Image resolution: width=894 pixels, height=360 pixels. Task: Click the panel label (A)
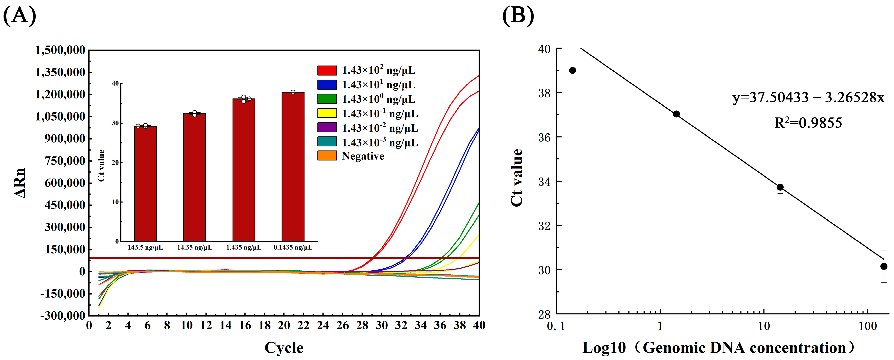coord(20,16)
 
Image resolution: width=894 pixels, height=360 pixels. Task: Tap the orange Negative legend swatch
coord(327,156)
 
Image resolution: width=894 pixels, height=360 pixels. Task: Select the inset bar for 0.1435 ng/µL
coord(293,167)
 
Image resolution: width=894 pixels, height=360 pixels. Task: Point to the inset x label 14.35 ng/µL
coord(195,247)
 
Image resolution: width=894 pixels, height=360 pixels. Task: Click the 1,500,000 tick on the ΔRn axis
coord(60,50)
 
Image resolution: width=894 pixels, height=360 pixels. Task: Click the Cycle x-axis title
coord(284,347)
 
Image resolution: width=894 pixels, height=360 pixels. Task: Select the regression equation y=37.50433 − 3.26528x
coord(808,98)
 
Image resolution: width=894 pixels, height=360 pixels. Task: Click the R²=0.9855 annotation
coord(808,123)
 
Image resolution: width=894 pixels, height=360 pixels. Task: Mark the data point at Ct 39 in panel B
coord(573,70)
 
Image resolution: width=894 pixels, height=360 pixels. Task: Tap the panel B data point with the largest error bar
coord(884,266)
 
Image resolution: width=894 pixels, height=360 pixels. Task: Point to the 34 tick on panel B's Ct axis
coord(544,181)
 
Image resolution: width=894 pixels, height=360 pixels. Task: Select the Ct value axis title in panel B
coord(517,178)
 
